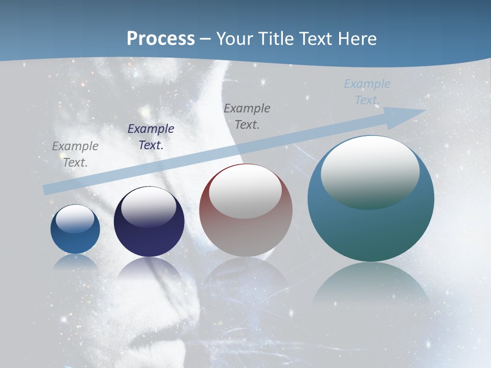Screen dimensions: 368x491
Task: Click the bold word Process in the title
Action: (x=161, y=39)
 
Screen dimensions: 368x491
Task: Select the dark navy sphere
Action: (x=149, y=221)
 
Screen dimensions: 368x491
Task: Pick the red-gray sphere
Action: (x=246, y=210)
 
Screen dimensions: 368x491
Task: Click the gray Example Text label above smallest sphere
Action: (x=75, y=154)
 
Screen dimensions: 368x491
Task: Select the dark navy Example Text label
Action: (x=151, y=137)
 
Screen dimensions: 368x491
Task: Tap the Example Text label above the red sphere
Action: (x=247, y=117)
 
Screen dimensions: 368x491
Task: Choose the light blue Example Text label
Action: (x=367, y=92)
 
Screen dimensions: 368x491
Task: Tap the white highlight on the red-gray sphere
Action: (x=245, y=191)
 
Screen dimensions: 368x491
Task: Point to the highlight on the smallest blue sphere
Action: (x=75, y=219)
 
